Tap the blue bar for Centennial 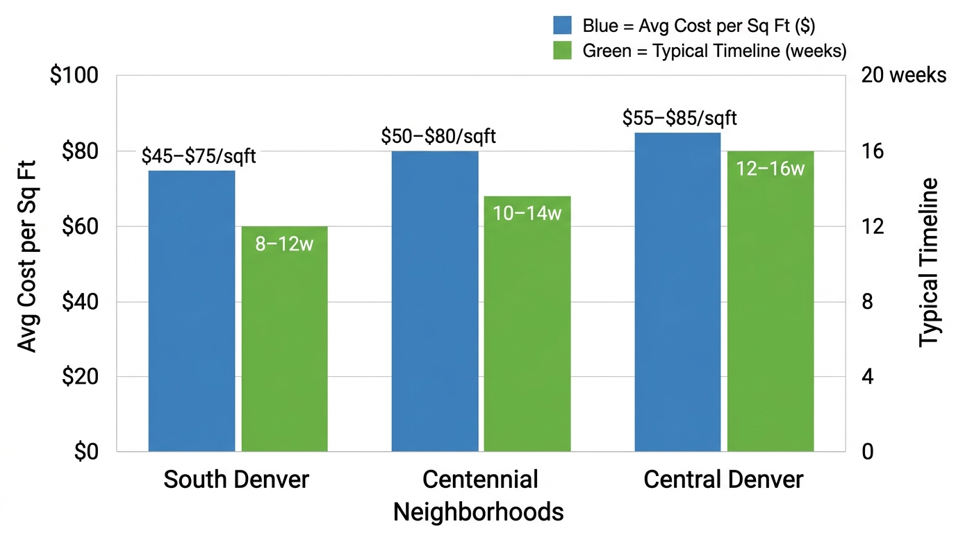pyautogui.click(x=435, y=301)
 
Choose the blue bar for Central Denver pyautogui.click(x=677, y=292)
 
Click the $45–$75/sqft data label pyautogui.click(x=199, y=156)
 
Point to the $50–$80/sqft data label pyautogui.click(x=438, y=137)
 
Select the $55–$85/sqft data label pyautogui.click(x=679, y=118)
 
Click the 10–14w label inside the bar pyautogui.click(x=527, y=213)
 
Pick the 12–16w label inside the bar pyautogui.click(x=770, y=169)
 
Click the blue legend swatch pyautogui.click(x=562, y=26)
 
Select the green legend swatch pyautogui.click(x=562, y=50)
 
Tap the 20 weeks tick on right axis pyautogui.click(x=903, y=76)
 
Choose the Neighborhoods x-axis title pyautogui.click(x=478, y=511)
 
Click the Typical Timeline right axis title pyautogui.click(x=928, y=262)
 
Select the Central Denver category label pyautogui.click(x=723, y=480)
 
